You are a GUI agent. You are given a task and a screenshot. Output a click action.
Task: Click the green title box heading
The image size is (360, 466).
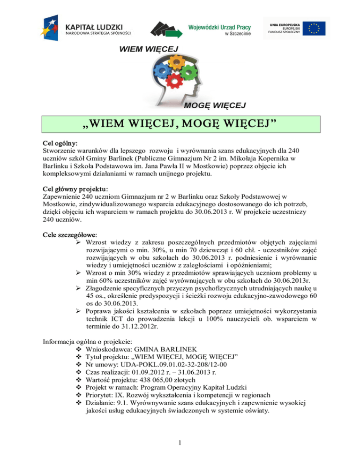coord(180,126)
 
